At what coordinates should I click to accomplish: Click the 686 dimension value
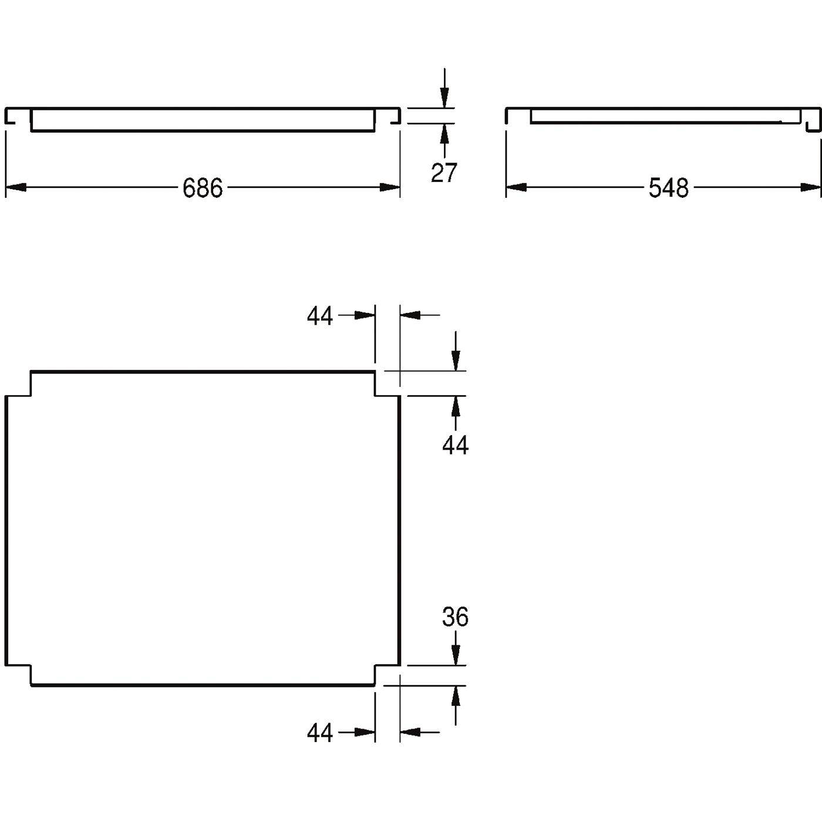pos(203,188)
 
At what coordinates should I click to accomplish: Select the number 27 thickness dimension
pos(444,173)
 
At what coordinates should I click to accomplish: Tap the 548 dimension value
pos(668,188)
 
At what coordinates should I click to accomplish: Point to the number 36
pos(455,616)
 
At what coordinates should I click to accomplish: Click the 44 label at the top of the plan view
pos(320,316)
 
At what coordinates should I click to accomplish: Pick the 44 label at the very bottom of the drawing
pos(320,733)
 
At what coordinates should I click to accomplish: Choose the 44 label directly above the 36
pos(455,445)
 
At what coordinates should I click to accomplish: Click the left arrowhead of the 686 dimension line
pos(15,187)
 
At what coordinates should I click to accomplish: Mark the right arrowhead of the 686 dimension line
pos(390,187)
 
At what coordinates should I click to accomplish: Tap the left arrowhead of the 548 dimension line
pos(516,187)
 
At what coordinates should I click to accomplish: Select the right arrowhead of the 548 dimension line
pos(811,187)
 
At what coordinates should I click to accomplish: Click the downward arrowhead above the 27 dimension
pos(444,97)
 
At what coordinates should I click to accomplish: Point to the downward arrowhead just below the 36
pos(456,655)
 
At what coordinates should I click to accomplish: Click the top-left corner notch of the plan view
pos(19,384)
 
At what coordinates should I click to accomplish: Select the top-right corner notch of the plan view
pos(388,384)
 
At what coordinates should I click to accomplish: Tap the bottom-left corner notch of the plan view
pos(19,676)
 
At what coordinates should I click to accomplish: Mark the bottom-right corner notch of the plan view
pos(388,676)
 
